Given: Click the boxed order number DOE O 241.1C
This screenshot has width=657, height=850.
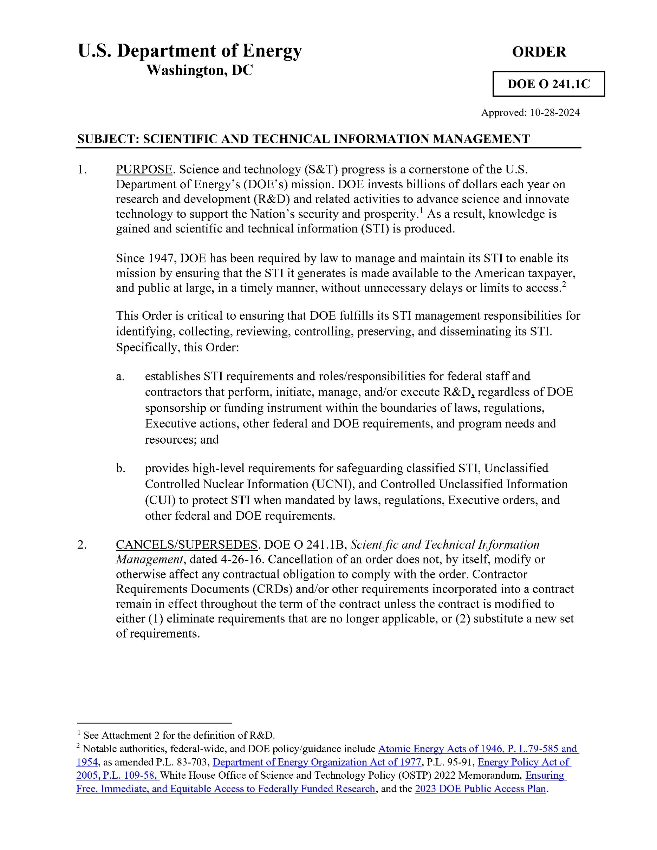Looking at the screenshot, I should [x=548, y=84].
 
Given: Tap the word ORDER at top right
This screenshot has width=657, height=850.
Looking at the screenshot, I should [x=539, y=52].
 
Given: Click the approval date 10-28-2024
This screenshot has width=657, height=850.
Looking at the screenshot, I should [x=555, y=113].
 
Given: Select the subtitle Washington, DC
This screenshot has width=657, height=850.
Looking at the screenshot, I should [x=199, y=71].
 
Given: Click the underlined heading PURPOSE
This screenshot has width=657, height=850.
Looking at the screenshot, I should [x=144, y=170].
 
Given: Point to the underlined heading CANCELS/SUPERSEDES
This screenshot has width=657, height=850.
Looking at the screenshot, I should [x=187, y=544].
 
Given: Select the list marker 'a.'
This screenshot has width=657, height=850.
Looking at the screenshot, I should [x=120, y=376].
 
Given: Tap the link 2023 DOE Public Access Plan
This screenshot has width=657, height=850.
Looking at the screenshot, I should [x=480, y=789].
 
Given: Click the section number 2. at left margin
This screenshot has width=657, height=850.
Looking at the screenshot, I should [x=82, y=544].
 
